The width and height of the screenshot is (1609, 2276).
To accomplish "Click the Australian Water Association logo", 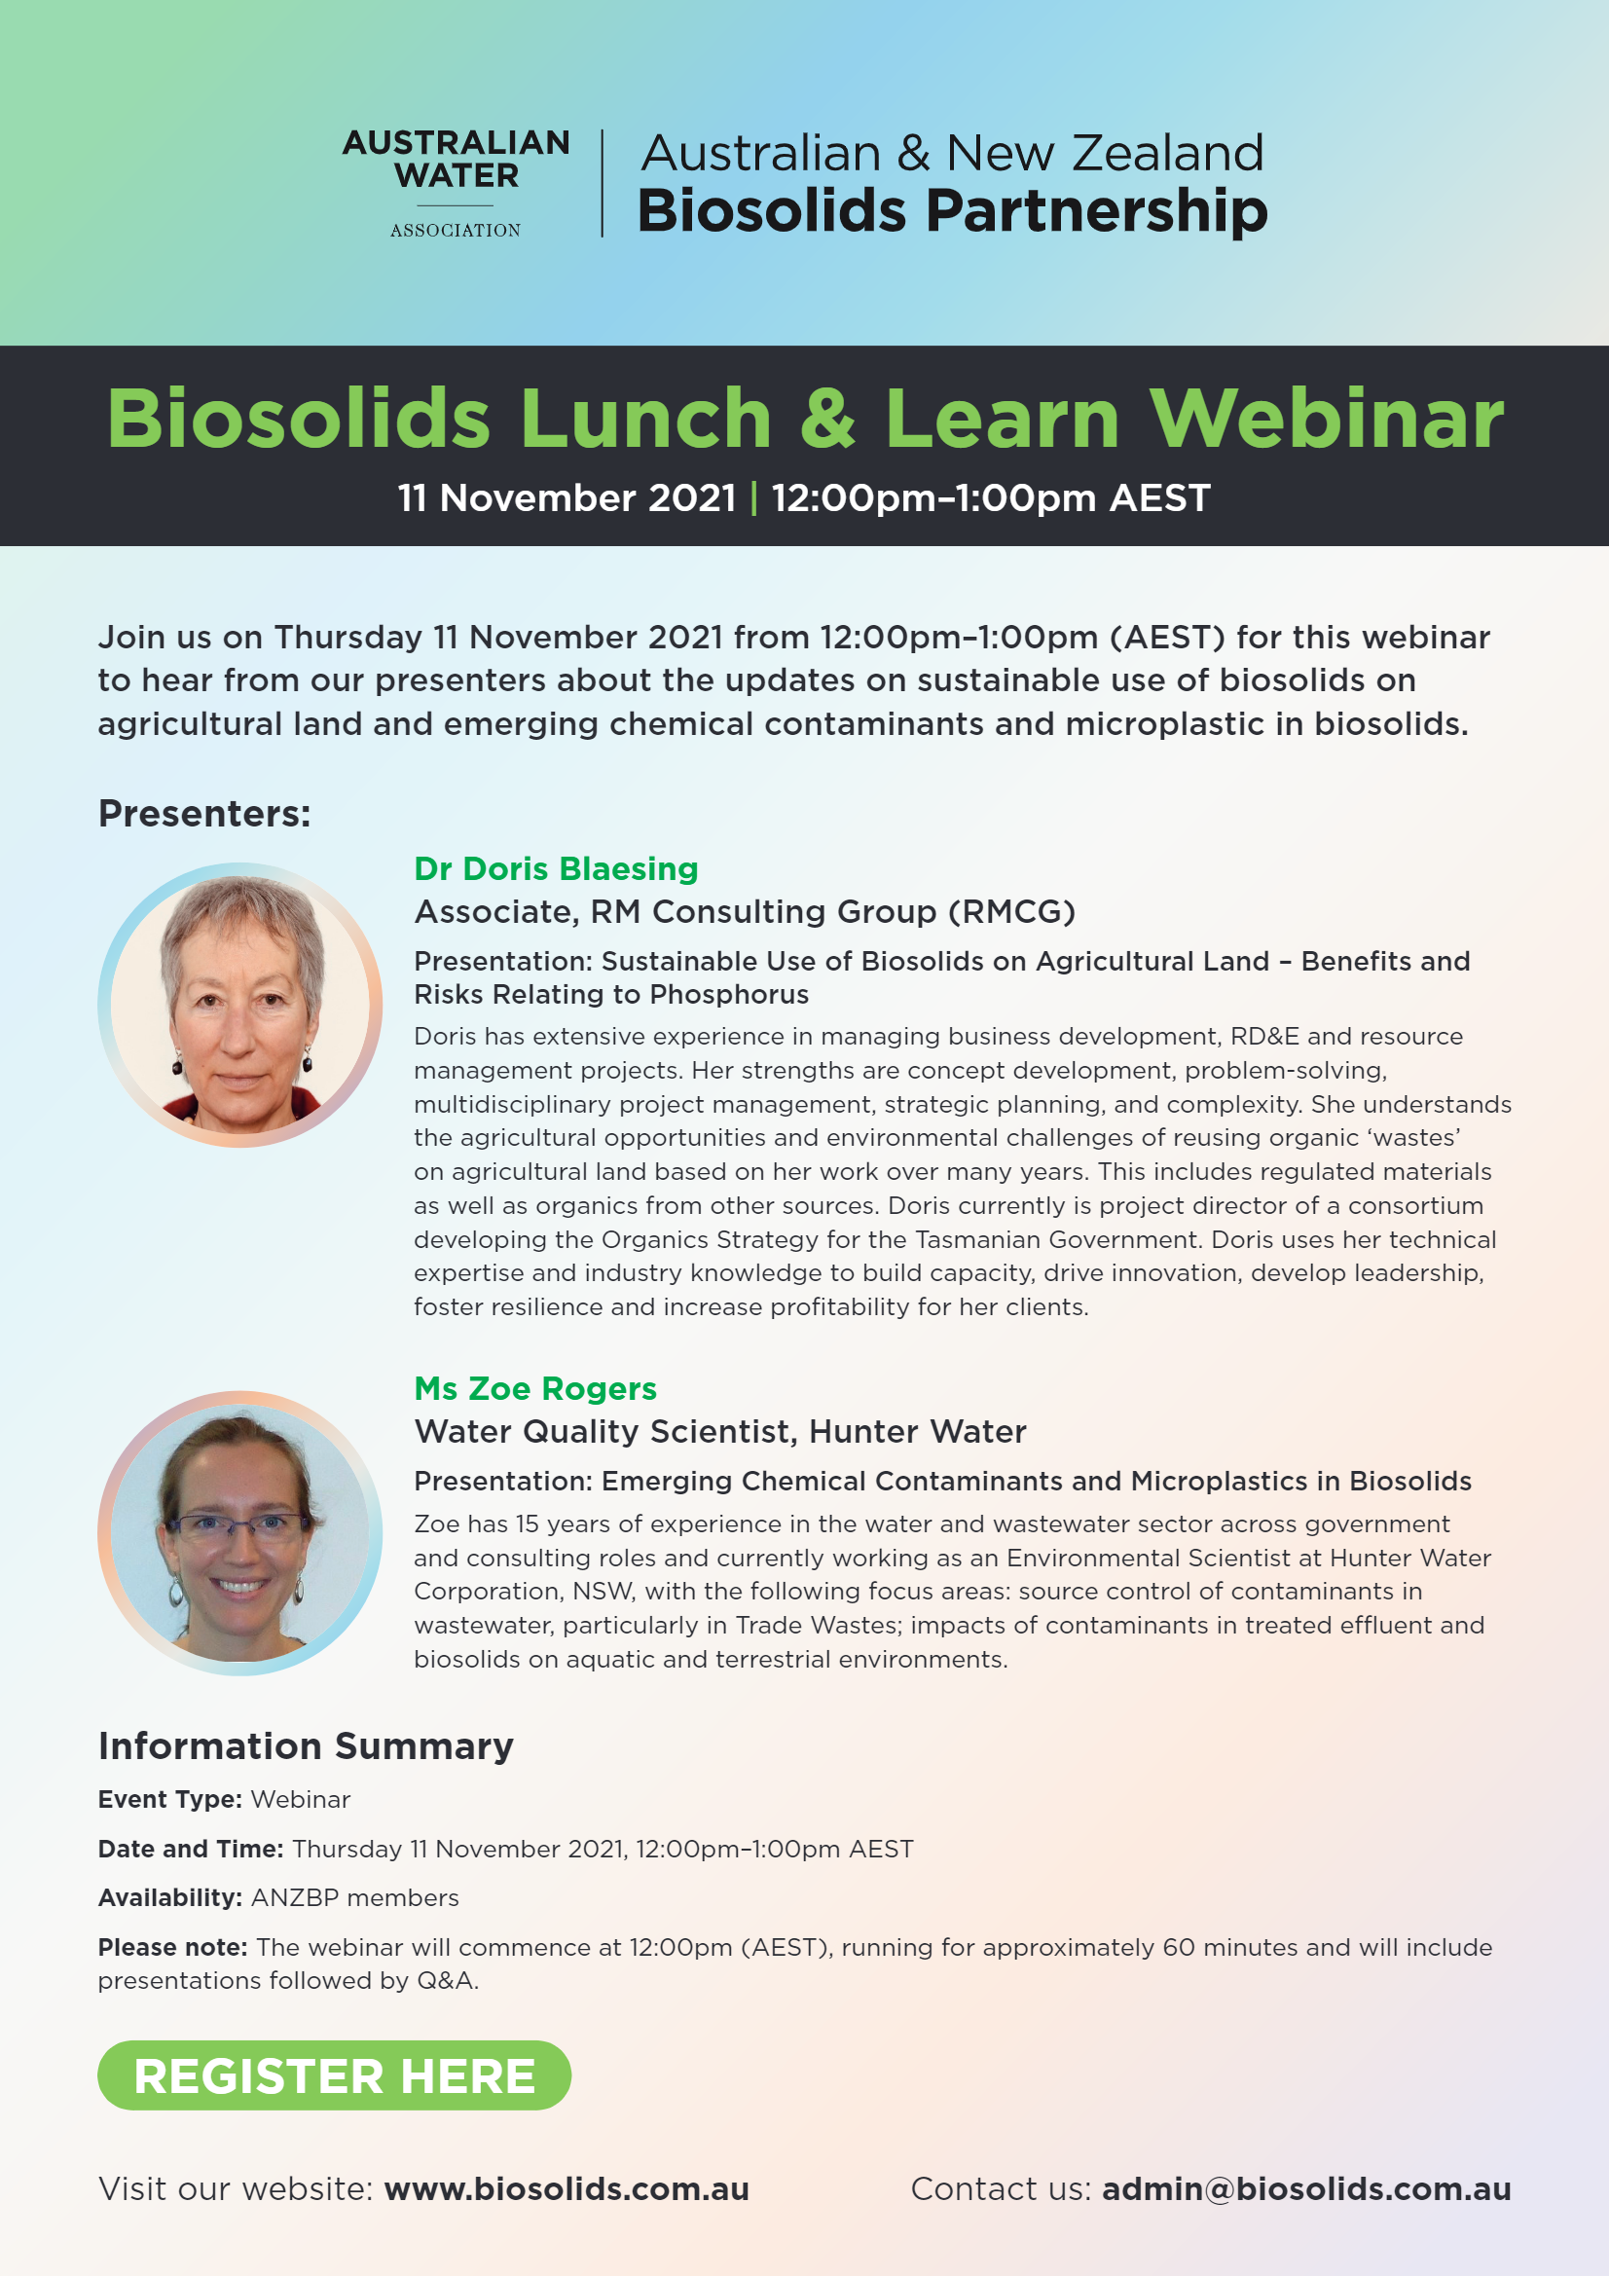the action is point(457,183).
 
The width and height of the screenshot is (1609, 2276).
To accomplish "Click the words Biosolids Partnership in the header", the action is point(952,211).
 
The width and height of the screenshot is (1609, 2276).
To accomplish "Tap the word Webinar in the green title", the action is point(1326,418).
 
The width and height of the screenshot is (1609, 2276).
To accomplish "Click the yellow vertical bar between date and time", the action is point(753,497).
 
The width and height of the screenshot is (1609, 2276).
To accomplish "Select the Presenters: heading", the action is point(204,813).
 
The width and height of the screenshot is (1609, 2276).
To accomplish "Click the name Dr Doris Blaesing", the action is point(556,868).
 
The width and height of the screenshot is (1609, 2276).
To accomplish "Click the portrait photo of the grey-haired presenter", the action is point(239,1005).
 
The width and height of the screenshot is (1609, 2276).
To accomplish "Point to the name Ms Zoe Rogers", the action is point(535,1388).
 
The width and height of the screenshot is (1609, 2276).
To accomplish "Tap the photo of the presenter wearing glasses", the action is point(239,1532).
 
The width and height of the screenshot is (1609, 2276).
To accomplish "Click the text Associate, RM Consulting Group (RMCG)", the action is point(745,911).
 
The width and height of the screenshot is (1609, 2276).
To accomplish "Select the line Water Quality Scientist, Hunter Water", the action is point(719,1431).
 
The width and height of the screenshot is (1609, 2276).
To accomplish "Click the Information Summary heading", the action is point(306,1745).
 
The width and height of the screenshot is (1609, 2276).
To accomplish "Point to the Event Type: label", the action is point(169,1799).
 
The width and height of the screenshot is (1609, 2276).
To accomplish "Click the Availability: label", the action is point(169,1897).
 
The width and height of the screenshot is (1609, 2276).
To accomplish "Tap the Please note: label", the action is point(172,1947).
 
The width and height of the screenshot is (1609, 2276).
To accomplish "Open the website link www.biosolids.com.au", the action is point(567,2188).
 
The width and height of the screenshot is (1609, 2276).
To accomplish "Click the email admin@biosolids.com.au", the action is point(1306,2188).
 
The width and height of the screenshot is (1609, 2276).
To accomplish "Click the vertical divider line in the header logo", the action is point(602,183).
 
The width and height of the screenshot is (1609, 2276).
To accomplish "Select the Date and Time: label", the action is point(191,1849).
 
